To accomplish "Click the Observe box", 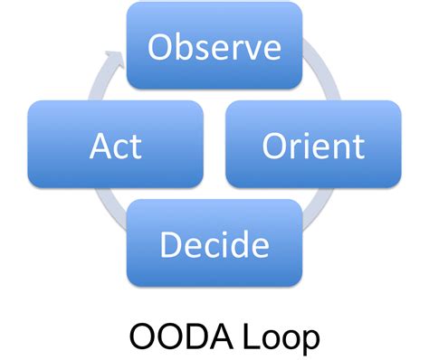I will (x=214, y=46).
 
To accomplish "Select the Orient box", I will (x=312, y=145).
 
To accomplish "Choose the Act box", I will (x=116, y=145).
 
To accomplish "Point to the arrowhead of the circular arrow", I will (x=114, y=59).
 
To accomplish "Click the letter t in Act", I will (x=135, y=145).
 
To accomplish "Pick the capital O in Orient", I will (x=273, y=145).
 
